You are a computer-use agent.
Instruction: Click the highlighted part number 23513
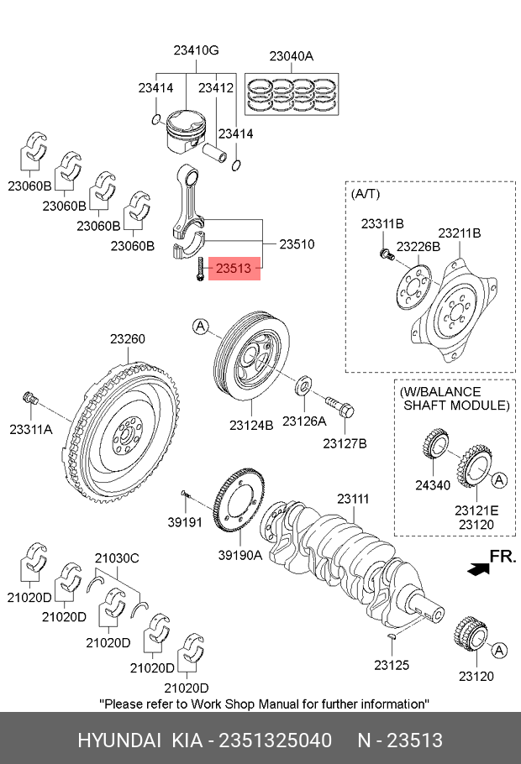pyautogui.click(x=234, y=268)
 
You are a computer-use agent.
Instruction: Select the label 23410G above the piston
pyautogui.click(x=196, y=50)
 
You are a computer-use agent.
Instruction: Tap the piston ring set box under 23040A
pyautogui.click(x=292, y=95)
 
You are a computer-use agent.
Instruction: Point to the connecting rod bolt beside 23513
pyautogui.click(x=200, y=269)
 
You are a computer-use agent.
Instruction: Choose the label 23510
pyautogui.click(x=297, y=243)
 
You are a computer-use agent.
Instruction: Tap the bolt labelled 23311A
pyautogui.click(x=31, y=398)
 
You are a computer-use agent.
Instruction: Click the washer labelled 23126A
pyautogui.click(x=304, y=385)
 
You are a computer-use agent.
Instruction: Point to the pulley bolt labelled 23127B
pyautogui.click(x=340, y=406)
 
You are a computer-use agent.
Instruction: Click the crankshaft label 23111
pyautogui.click(x=353, y=499)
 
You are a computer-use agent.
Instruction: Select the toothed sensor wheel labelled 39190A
pyautogui.click(x=239, y=501)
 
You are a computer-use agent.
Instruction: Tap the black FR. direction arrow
pyautogui.click(x=478, y=568)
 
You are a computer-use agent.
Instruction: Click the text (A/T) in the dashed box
pyautogui.click(x=366, y=194)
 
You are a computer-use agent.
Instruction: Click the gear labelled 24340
pyautogui.click(x=435, y=443)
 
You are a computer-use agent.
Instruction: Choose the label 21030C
pyautogui.click(x=117, y=558)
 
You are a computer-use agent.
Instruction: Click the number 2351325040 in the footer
pyautogui.click(x=275, y=740)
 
